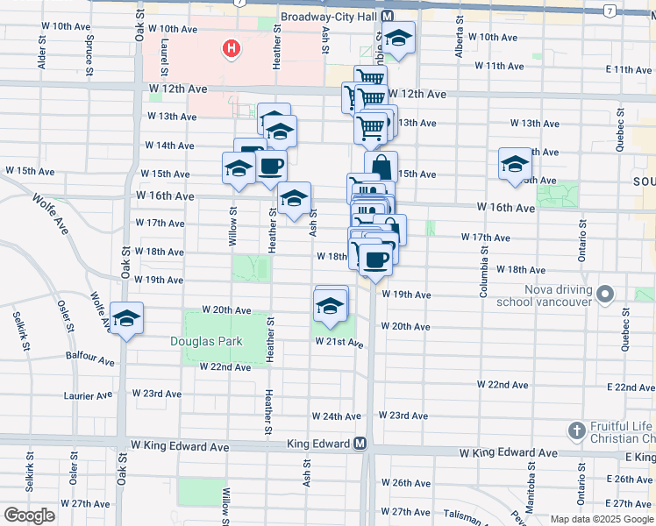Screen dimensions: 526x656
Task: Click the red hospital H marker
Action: (x=231, y=48)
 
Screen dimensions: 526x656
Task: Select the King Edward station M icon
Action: (x=360, y=444)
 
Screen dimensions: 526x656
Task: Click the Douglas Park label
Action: (x=199, y=341)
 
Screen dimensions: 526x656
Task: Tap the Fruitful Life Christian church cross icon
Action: (x=577, y=430)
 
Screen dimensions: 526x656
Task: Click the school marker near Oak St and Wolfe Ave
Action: (x=126, y=319)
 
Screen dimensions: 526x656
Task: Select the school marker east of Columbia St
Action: (x=515, y=164)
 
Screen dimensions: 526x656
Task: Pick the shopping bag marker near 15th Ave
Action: (x=381, y=167)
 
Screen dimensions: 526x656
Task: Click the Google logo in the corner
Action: (x=29, y=515)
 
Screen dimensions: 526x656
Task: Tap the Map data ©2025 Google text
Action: (x=603, y=518)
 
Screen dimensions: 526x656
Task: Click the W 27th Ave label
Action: (x=88, y=504)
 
